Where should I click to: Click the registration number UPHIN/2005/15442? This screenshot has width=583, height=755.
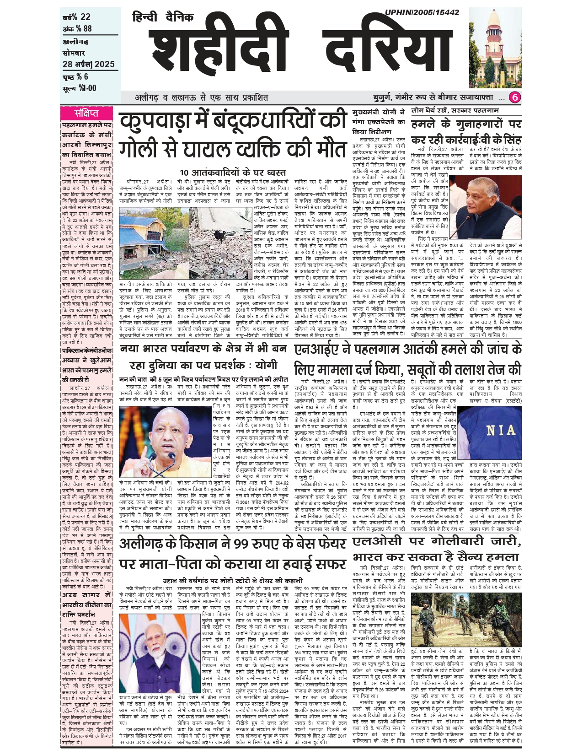pyautogui.click(x=422, y=12)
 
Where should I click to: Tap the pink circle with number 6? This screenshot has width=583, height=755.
pyautogui.click(x=515, y=97)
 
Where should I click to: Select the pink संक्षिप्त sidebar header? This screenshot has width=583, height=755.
pyautogui.click(x=86, y=113)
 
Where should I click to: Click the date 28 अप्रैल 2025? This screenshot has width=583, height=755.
pyautogui.click(x=89, y=65)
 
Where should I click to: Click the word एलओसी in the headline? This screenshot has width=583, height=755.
pyautogui.click(x=378, y=542)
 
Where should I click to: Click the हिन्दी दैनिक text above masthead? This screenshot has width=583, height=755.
pyautogui.click(x=163, y=17)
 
